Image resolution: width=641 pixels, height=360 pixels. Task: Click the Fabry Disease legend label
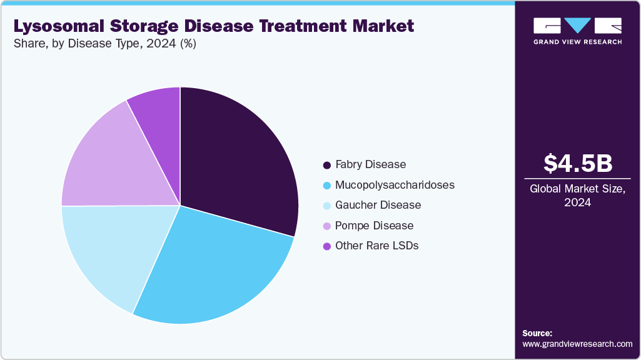click(370, 164)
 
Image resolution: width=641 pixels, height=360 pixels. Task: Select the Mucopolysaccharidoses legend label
click(395, 185)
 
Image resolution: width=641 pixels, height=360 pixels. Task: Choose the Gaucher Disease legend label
click(378, 205)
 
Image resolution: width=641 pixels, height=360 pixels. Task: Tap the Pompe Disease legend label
click(374, 225)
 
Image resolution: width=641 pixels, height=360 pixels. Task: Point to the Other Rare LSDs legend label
click(376, 246)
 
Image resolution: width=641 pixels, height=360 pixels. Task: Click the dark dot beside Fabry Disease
click(326, 165)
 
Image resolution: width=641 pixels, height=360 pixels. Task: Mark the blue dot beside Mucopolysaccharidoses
click(326, 186)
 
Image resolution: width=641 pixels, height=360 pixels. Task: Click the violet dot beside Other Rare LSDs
click(326, 246)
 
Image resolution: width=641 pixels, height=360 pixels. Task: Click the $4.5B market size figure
click(577, 163)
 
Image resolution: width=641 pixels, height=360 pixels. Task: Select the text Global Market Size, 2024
click(577, 196)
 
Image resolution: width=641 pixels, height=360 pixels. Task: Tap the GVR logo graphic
click(577, 26)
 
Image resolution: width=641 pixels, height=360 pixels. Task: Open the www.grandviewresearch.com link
click(577, 344)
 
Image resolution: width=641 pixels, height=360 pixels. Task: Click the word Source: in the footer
click(537, 333)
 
